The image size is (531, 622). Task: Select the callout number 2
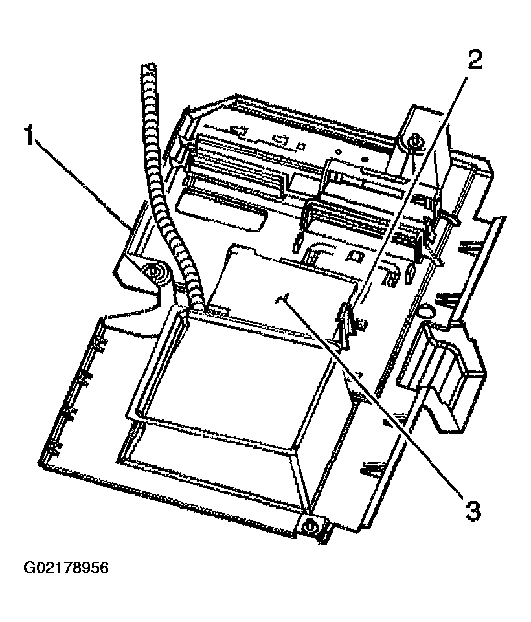(474, 60)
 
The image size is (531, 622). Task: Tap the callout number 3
(473, 511)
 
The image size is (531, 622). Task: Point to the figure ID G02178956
(67, 568)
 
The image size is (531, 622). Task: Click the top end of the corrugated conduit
(148, 70)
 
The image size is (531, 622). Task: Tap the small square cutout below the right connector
(354, 256)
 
